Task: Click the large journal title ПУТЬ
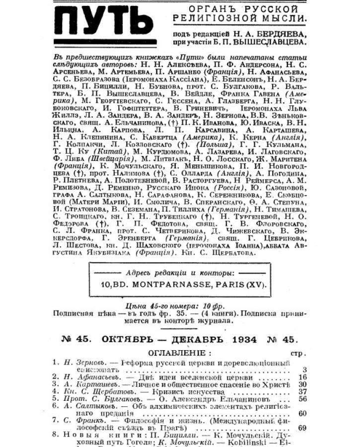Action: pyautogui.click(x=103, y=22)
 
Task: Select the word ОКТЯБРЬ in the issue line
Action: pyautogui.click(x=124, y=340)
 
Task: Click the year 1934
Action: pyautogui.click(x=243, y=340)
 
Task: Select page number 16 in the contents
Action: pyautogui.click(x=302, y=377)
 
